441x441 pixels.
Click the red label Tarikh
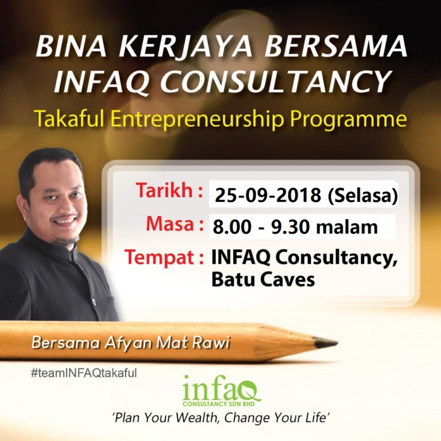pos(165,191)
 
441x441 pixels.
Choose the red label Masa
pos(170,224)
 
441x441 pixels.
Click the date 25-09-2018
pos(268,195)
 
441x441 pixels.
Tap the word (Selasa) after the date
pos(362,195)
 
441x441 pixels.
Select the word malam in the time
pos(346,227)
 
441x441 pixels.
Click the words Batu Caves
pos(263,280)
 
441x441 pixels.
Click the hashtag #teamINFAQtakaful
pos(84,373)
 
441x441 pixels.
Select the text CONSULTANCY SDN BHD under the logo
pos(219,404)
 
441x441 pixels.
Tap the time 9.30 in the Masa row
pos(290,227)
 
